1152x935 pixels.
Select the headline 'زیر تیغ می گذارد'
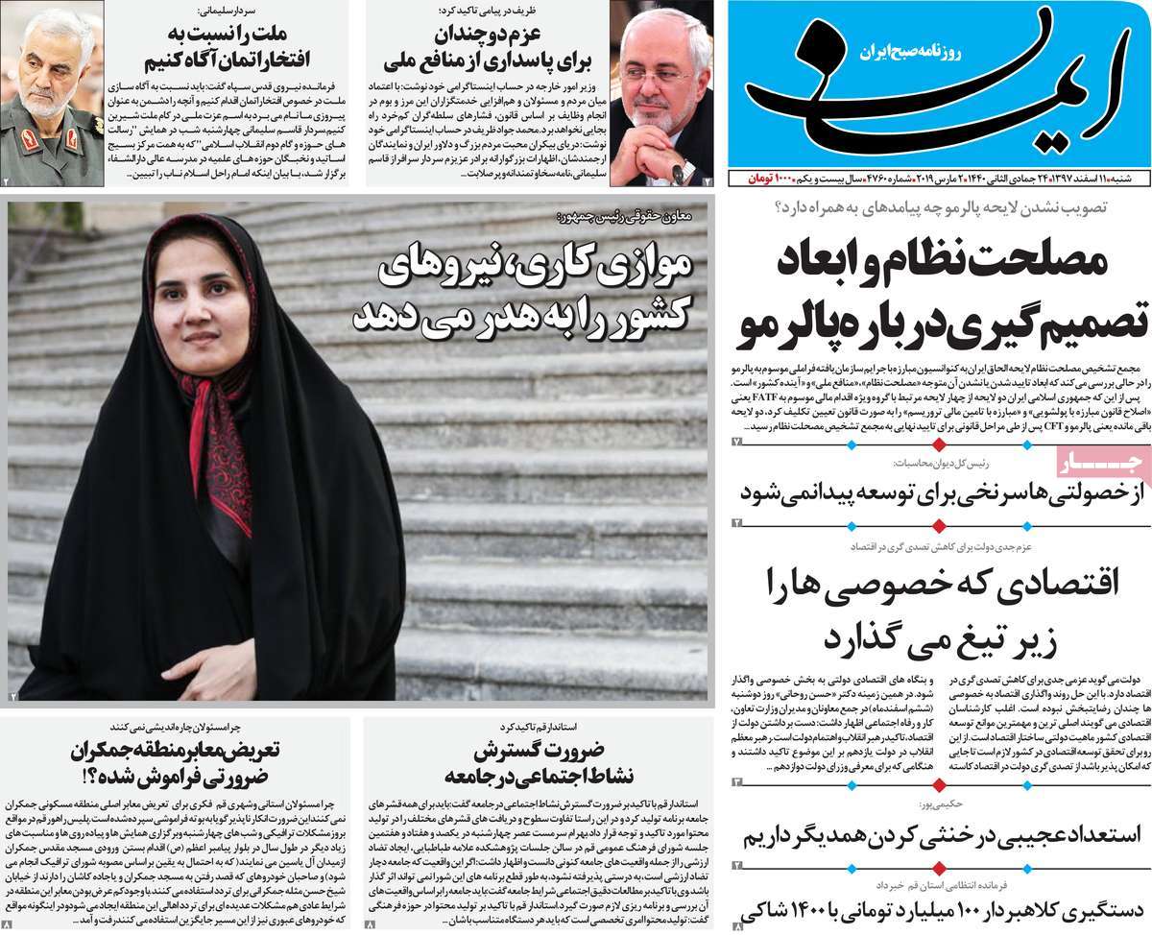940,635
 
